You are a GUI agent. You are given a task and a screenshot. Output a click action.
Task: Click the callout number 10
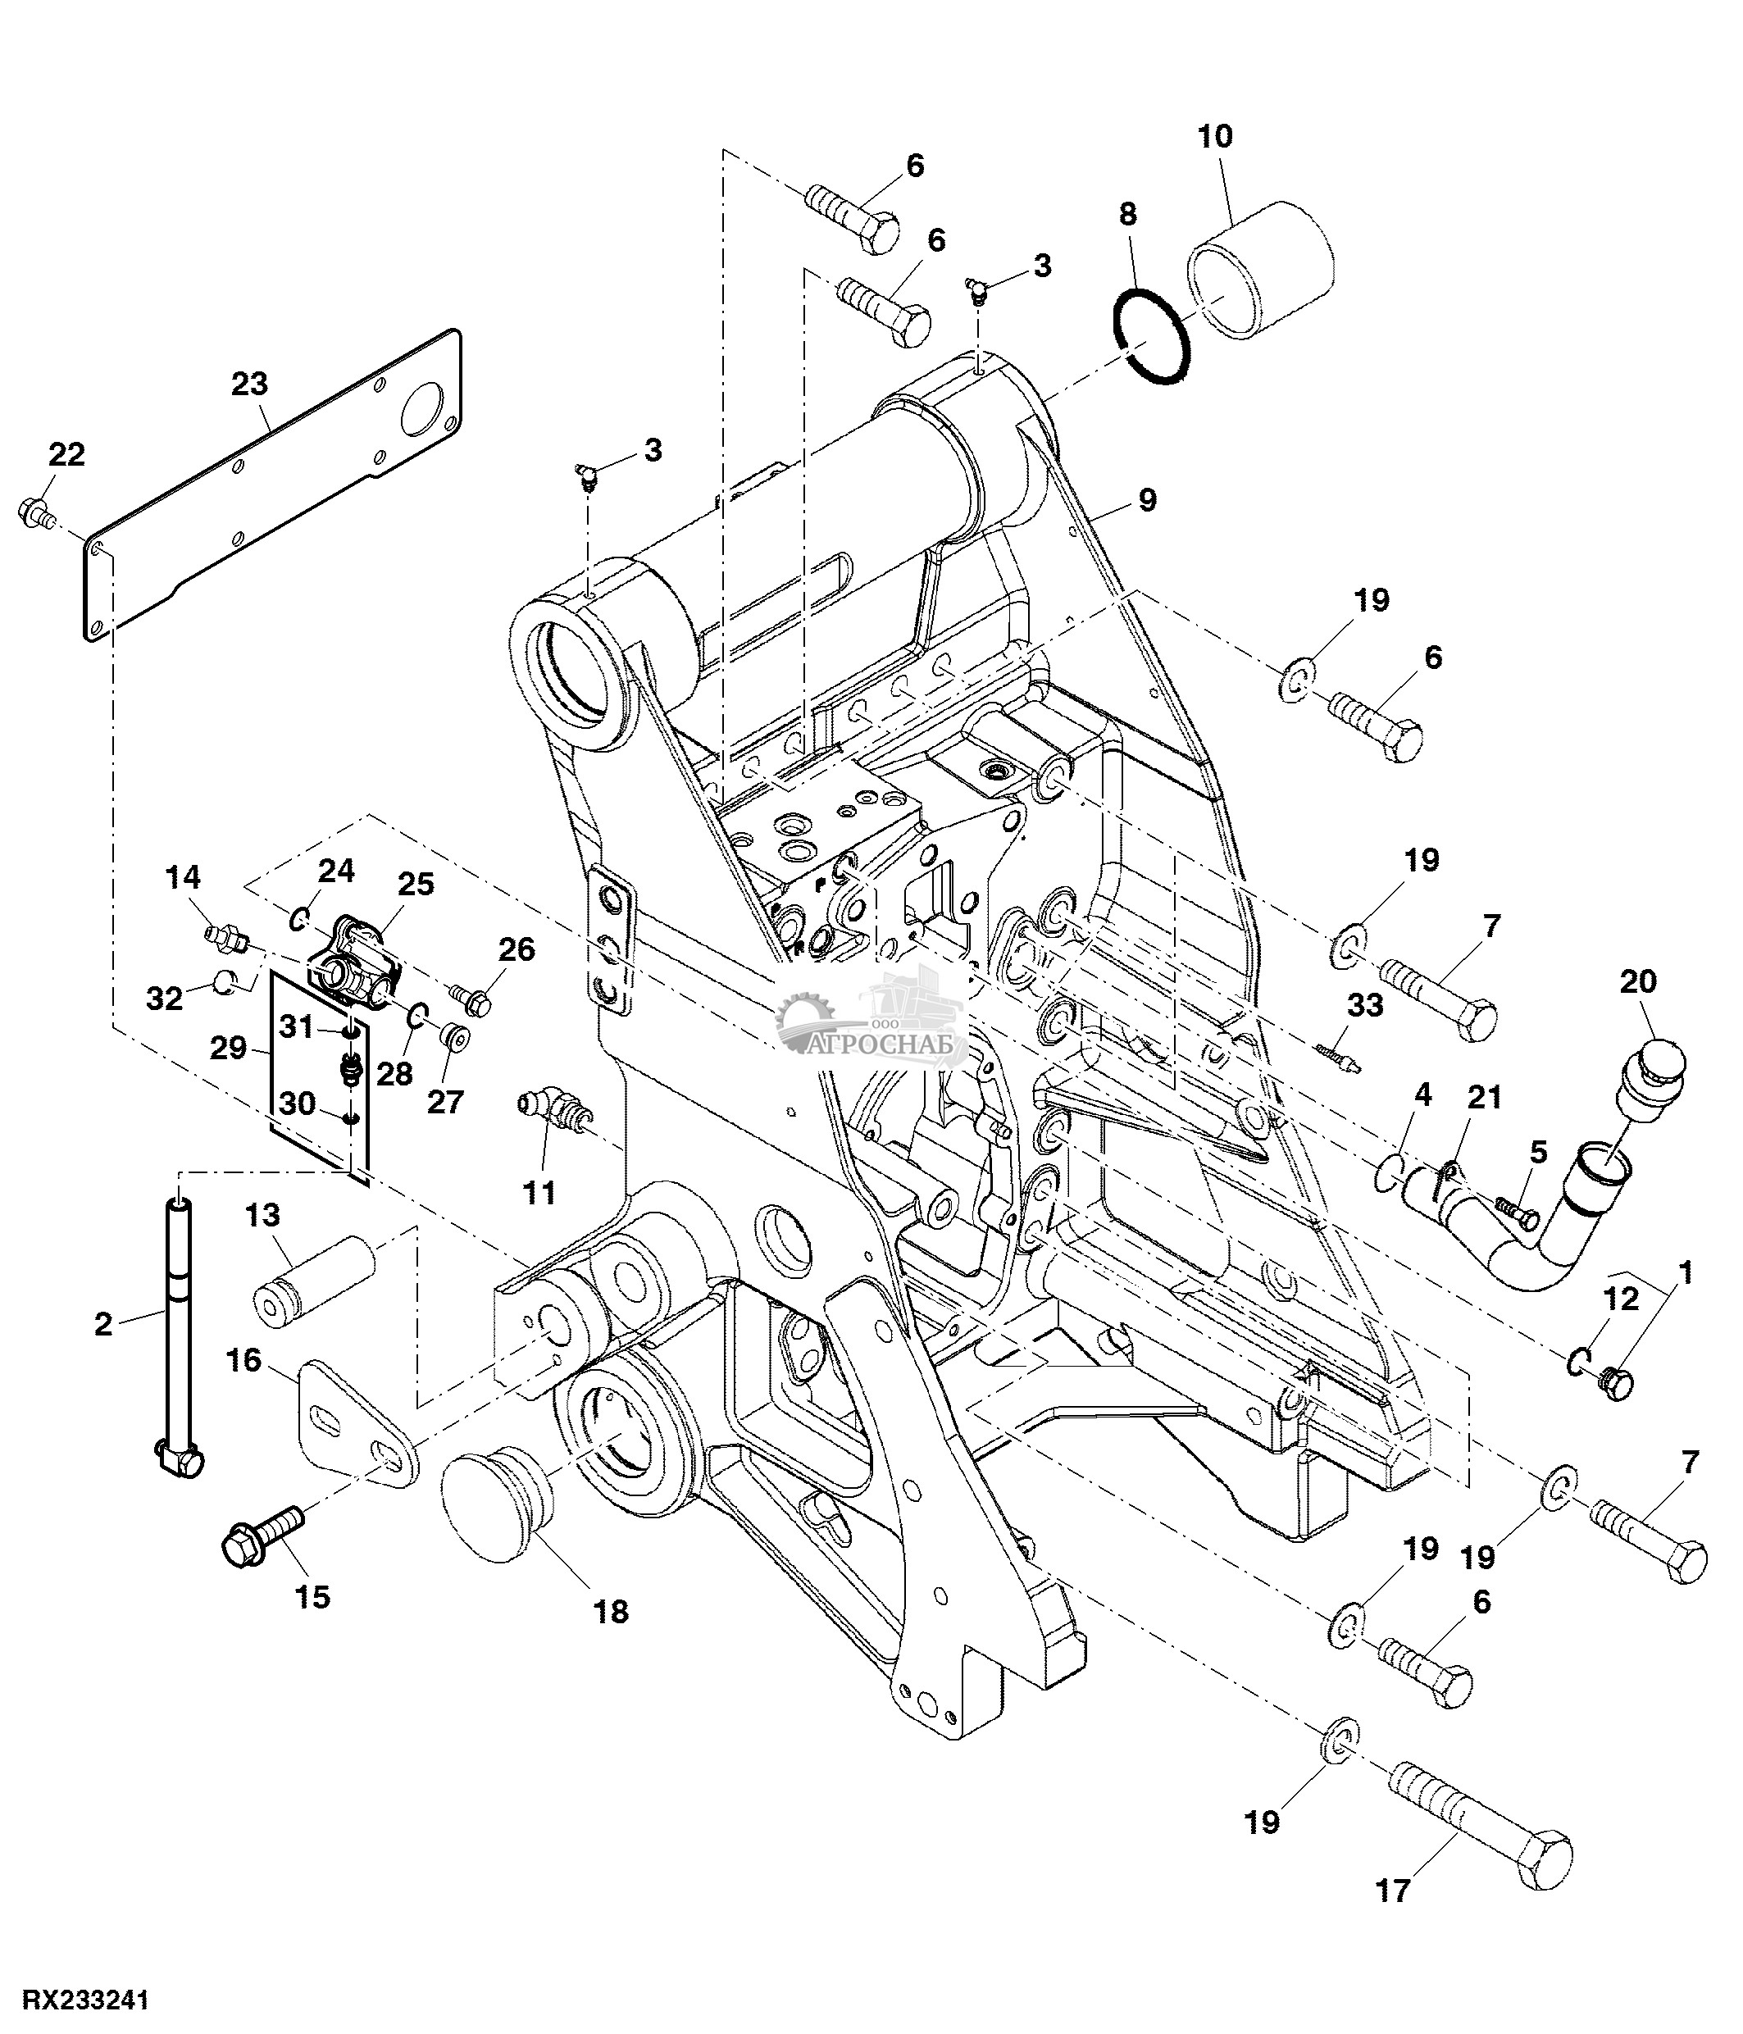[x=1215, y=135]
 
